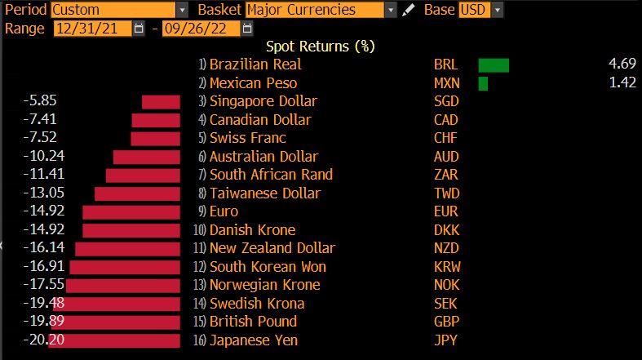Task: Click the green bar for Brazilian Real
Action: (493, 64)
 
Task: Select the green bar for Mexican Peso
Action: (483, 83)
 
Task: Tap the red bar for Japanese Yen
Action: (114, 340)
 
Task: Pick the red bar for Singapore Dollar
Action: (161, 101)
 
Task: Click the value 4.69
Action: (622, 64)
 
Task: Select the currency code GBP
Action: (447, 322)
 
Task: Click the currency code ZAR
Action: (446, 175)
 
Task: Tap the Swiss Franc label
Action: (248, 138)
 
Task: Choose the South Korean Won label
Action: (268, 267)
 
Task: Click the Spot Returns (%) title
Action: (321, 47)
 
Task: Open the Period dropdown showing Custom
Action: (119, 11)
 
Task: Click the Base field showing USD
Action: (480, 11)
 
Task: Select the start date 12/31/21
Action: (91, 29)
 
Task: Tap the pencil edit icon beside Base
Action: (410, 11)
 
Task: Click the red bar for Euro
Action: (131, 211)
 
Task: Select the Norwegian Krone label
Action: (264, 285)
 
